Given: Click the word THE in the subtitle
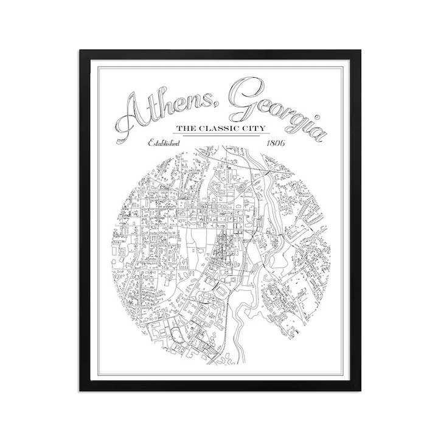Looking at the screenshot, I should [186, 129].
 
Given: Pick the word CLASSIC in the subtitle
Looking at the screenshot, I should [222, 129].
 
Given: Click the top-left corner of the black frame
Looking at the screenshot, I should [80, 51].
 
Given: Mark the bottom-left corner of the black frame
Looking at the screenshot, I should [80, 390].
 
